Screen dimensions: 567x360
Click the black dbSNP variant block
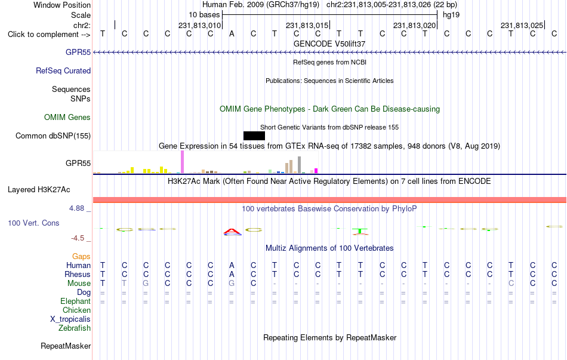254,136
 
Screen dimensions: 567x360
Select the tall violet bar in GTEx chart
182,162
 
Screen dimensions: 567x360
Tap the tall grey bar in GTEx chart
300,165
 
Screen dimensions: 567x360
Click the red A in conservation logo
232,232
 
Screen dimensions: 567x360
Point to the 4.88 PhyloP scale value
76,208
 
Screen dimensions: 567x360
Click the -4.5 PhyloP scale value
78,238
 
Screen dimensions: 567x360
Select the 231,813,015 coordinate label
307,25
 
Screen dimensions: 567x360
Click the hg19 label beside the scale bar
451,15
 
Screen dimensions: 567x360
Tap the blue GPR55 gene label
78,52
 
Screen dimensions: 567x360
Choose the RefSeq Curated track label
63,70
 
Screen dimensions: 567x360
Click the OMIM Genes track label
67,117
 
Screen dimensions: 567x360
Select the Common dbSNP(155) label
53,136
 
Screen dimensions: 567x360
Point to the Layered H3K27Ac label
39,190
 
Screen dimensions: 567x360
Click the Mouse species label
79,284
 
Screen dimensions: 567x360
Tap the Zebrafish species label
75,328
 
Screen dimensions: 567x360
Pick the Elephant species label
76,301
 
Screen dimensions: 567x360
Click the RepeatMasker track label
66,346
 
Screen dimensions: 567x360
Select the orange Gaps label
81,256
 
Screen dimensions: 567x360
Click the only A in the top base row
232,33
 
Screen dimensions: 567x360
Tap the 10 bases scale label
204,15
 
